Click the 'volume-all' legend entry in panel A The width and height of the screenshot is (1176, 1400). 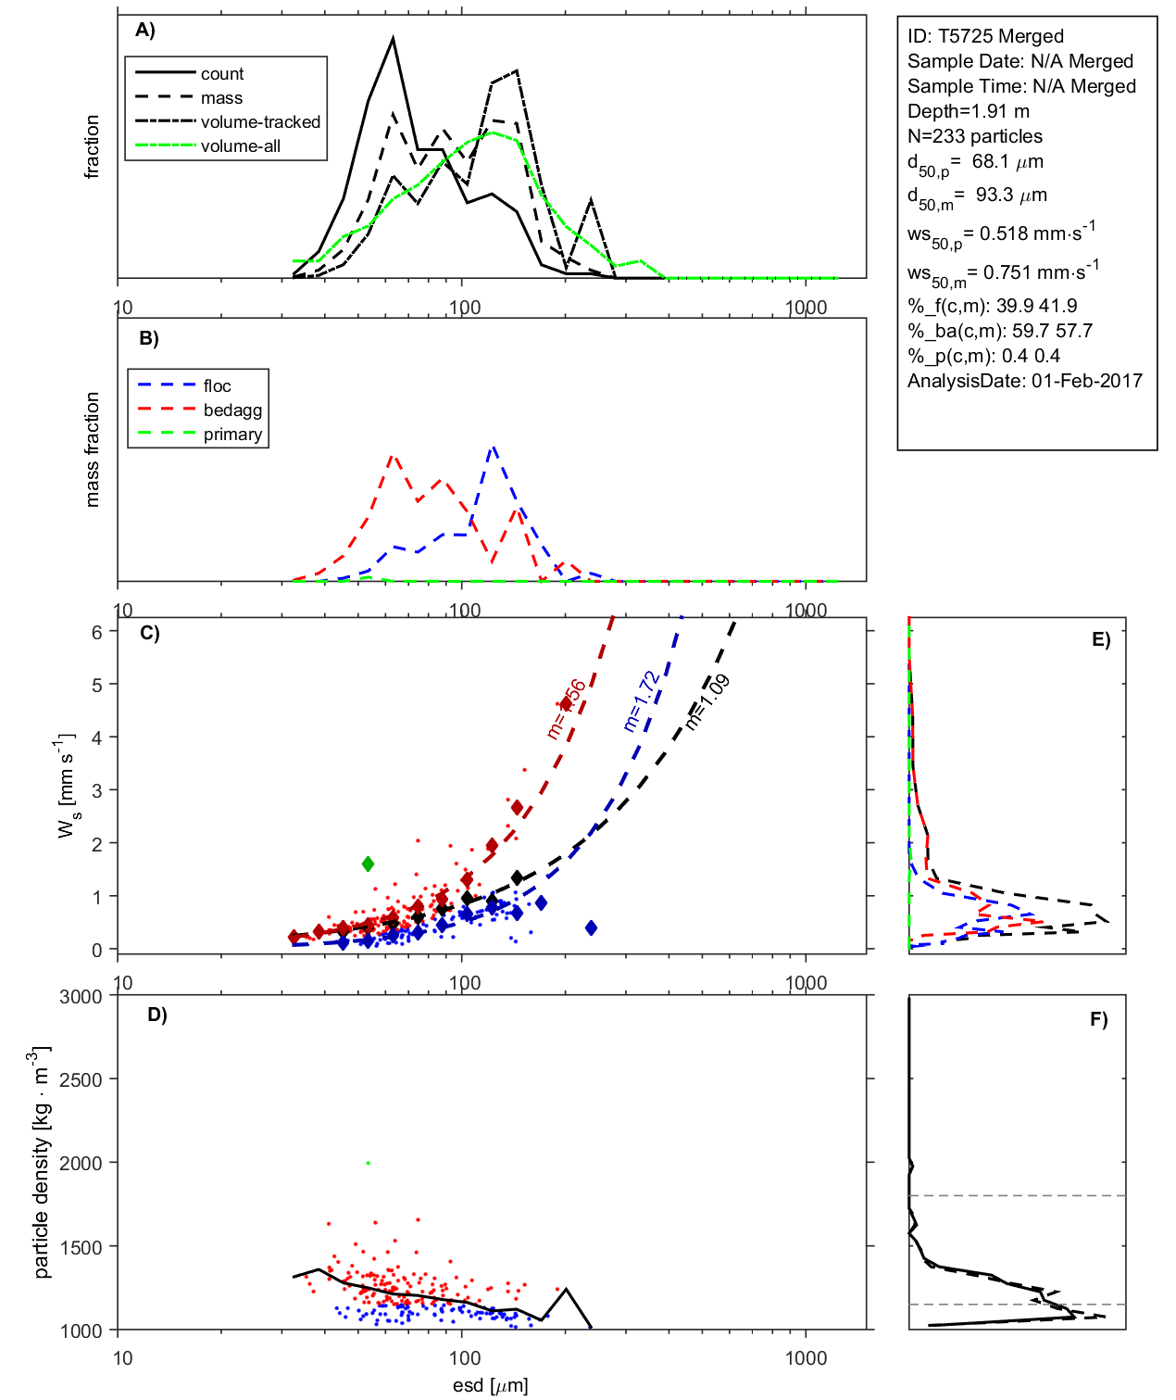tap(240, 146)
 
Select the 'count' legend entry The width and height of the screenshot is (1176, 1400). tap(222, 74)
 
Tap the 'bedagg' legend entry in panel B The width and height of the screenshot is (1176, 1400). tap(232, 410)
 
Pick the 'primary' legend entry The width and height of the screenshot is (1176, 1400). tap(232, 435)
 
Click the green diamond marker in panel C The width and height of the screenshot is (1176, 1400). tap(368, 864)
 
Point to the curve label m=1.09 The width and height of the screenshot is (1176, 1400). tap(708, 701)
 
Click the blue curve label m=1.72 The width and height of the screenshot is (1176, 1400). tap(642, 700)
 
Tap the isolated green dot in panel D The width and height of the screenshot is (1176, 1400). tap(369, 1163)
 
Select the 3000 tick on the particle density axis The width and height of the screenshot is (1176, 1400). tap(81, 997)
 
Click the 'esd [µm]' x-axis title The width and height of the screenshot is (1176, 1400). tap(490, 1385)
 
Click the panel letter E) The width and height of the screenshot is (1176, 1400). tap(1100, 639)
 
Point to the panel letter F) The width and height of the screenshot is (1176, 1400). tap(1098, 1019)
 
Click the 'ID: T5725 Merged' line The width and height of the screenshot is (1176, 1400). tap(985, 36)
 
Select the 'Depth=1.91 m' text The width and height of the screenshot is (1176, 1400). tap(968, 111)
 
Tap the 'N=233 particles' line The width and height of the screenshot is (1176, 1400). tap(974, 136)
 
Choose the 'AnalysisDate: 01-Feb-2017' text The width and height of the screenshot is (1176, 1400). tap(1024, 381)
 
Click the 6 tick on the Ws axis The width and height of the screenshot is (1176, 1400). tap(96, 632)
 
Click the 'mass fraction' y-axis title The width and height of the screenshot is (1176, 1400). tap(92, 449)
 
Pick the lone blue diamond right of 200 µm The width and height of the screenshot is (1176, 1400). tap(591, 927)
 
